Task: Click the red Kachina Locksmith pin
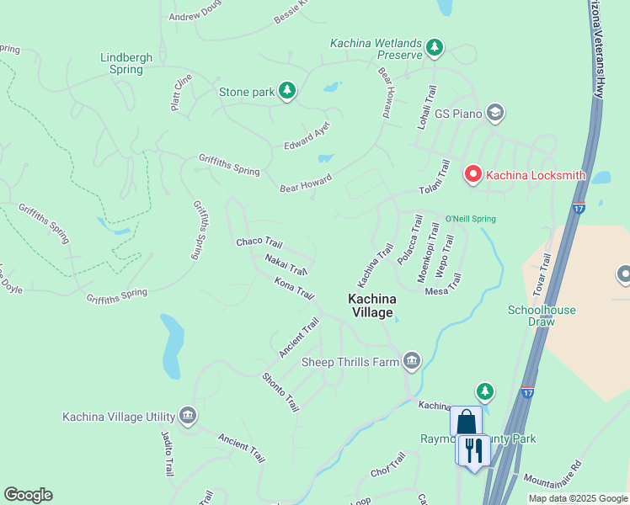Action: coord(472,174)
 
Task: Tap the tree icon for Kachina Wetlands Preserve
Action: coord(435,47)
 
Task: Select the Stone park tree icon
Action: coord(287,91)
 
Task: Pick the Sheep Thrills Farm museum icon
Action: coord(411,361)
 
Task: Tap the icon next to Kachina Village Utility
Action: coord(188,416)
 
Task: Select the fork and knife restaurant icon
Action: coord(473,449)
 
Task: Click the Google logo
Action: coord(28,495)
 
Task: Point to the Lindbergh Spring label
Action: coord(126,63)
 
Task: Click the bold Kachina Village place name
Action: coord(371,306)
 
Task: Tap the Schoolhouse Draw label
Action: coord(542,316)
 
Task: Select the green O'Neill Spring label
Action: coord(470,219)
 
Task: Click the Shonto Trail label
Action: coord(280,392)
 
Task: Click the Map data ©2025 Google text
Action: coord(577,498)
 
